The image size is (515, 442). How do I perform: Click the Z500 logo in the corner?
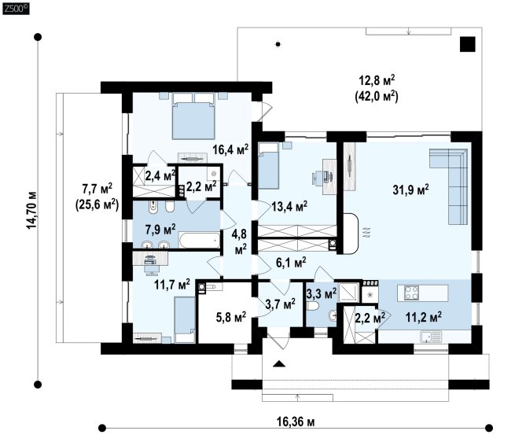pyautogui.click(x=16, y=8)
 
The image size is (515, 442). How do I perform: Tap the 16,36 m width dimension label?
pyautogui.click(x=296, y=422)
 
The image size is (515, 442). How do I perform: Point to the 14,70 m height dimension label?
pyautogui.click(x=32, y=210)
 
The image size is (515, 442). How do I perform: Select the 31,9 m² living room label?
pyautogui.click(x=410, y=190)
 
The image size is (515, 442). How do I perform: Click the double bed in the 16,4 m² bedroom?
pyautogui.click(x=193, y=116)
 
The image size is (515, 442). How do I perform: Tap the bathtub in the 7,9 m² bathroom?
pyautogui.click(x=200, y=240)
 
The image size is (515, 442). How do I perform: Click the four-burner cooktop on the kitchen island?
pyautogui.click(x=412, y=293)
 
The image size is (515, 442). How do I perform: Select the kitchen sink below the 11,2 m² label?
pyautogui.click(x=430, y=336)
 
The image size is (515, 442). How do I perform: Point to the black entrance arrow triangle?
pyautogui.click(x=279, y=363)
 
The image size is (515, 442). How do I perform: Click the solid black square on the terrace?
pyautogui.click(x=467, y=44)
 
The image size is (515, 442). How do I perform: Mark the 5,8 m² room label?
pyautogui.click(x=231, y=317)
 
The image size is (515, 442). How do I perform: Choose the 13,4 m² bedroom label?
pyautogui.click(x=289, y=206)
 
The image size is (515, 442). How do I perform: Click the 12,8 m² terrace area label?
pyautogui.click(x=377, y=80)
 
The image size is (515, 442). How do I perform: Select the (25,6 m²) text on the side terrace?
pyautogui.click(x=97, y=204)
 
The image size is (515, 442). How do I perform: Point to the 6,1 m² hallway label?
pyautogui.click(x=291, y=262)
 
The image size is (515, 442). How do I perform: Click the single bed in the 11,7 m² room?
pyautogui.click(x=184, y=319)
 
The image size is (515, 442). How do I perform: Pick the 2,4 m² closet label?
pyautogui.click(x=160, y=176)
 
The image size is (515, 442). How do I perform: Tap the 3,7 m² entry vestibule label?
pyautogui.click(x=280, y=304)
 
